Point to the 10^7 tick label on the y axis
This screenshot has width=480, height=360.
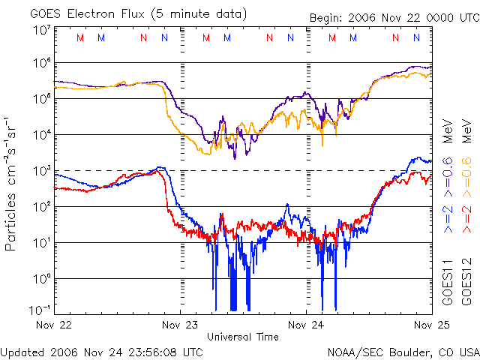(41, 31)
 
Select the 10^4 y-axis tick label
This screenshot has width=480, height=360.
(41, 135)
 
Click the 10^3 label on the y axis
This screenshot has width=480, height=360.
(41, 170)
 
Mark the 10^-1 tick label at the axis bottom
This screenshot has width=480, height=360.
(41, 310)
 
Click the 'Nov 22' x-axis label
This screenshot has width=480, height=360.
(54, 325)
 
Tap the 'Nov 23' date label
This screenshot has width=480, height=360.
(181, 325)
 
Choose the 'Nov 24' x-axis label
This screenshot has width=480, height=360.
(307, 325)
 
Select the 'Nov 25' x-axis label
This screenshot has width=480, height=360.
(430, 325)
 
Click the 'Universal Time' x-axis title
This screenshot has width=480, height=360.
(242, 337)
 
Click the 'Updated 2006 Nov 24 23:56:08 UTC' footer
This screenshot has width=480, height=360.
(101, 351)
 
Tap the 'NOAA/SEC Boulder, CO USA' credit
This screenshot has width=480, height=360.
(403, 351)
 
